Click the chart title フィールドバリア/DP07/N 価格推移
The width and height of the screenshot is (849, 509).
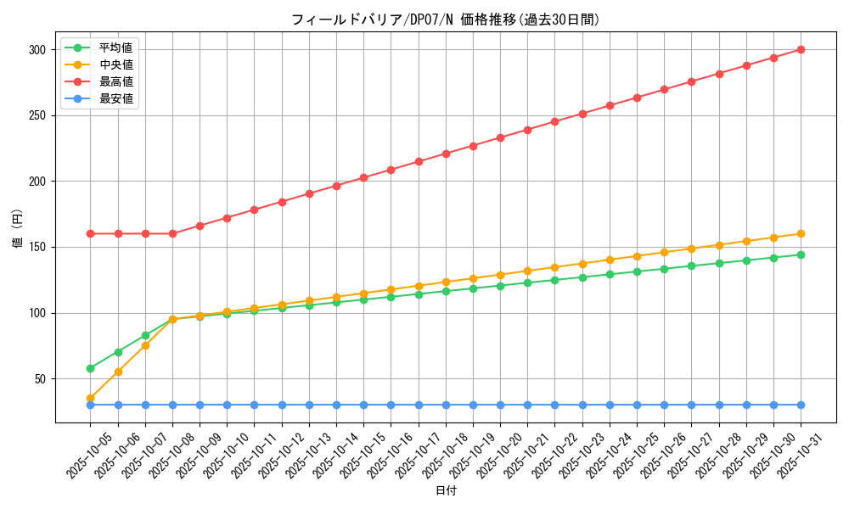tap(446, 20)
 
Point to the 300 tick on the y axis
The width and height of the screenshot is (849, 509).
tap(36, 50)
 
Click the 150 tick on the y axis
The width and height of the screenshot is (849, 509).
tap(36, 248)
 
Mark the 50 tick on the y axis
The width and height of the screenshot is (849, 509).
tap(39, 379)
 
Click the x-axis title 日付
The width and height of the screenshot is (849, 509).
tap(446, 491)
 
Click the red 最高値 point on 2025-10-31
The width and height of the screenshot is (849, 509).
tap(801, 49)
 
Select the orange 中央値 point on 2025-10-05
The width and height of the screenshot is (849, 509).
tap(91, 398)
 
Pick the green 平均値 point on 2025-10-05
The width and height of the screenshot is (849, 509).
tap(91, 368)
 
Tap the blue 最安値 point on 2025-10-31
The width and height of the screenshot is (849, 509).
tap(801, 405)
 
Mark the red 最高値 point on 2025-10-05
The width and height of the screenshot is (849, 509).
tap(91, 233)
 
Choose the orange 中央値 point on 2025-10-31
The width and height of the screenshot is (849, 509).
tap(801, 233)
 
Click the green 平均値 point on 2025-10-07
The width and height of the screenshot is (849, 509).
tap(145, 335)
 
